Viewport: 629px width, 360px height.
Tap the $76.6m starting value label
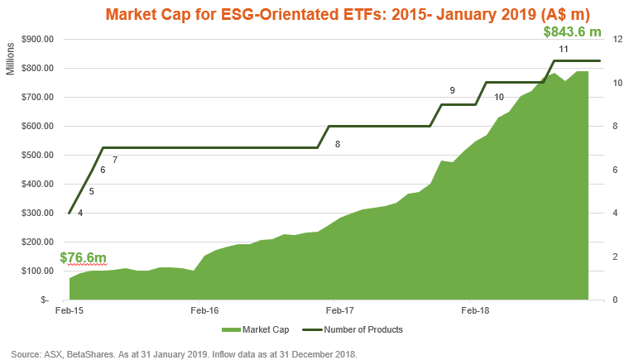click(83, 258)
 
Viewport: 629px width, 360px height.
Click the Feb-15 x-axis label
click(68, 312)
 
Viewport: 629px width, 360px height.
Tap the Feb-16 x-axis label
click(204, 312)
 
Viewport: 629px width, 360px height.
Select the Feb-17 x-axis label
click(339, 312)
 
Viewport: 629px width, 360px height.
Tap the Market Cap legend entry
click(254, 329)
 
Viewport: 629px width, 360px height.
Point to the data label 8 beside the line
click(338, 144)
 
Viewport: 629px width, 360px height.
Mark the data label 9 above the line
click(452, 90)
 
